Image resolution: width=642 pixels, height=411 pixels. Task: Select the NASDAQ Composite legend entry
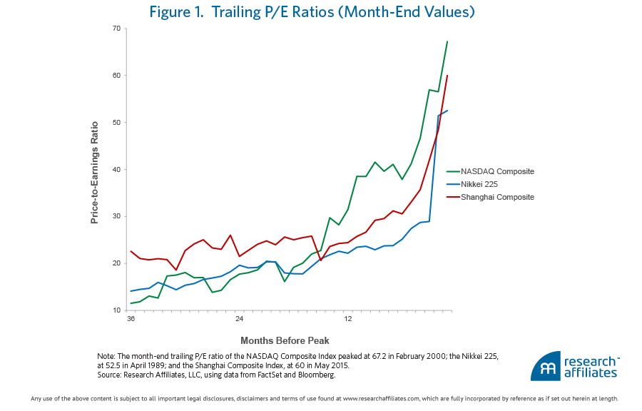(497, 171)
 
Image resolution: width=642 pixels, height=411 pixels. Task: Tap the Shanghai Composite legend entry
(497, 197)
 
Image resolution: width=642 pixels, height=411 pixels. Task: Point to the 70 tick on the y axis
(116, 29)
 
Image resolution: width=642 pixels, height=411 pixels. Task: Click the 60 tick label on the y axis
(116, 76)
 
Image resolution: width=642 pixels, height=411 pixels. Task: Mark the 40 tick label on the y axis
(116, 169)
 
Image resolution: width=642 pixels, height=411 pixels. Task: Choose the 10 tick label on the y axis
(116, 310)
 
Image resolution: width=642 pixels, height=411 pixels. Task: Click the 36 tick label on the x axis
(131, 318)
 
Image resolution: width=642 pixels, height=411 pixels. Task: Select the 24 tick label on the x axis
(239, 318)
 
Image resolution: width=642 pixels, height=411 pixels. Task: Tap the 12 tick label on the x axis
(347, 318)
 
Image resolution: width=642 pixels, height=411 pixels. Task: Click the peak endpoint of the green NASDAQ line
(447, 41)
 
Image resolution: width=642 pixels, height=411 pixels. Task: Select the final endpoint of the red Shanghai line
(447, 76)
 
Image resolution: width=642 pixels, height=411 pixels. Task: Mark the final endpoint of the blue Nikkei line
(447, 111)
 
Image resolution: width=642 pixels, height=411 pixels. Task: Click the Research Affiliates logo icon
(544, 367)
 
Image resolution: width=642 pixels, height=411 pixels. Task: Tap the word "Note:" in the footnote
(106, 356)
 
